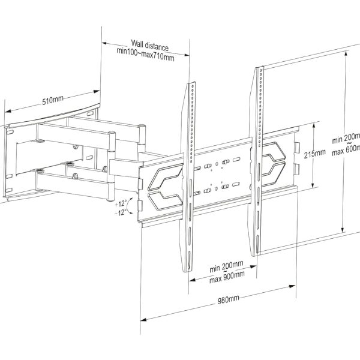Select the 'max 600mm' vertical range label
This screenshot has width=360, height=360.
[x=346, y=148]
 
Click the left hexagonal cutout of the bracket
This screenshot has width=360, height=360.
[x=162, y=185]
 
